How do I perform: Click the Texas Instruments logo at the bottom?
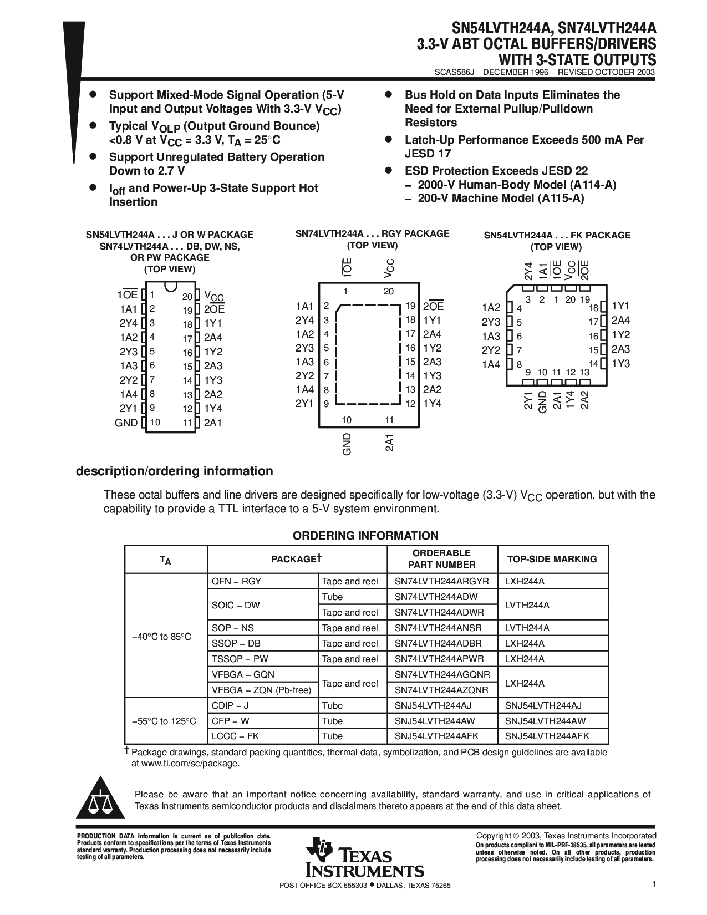tap(364, 857)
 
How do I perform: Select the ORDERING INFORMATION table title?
tap(365, 536)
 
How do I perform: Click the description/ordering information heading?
tap(174, 471)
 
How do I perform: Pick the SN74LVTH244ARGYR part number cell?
tap(441, 581)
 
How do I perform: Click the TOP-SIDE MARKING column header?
tap(552, 559)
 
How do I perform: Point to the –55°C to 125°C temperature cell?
tap(164, 721)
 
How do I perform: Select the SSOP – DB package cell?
tap(236, 643)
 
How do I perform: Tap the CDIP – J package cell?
tap(230, 705)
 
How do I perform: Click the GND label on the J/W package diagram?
tap(126, 423)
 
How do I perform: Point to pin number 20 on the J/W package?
tap(187, 297)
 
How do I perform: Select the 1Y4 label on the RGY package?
tap(432, 404)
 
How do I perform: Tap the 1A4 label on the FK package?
tap(491, 364)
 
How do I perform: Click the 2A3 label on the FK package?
tap(620, 349)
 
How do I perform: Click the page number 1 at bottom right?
tap(654, 885)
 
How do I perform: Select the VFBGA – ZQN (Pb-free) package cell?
tap(261, 690)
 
